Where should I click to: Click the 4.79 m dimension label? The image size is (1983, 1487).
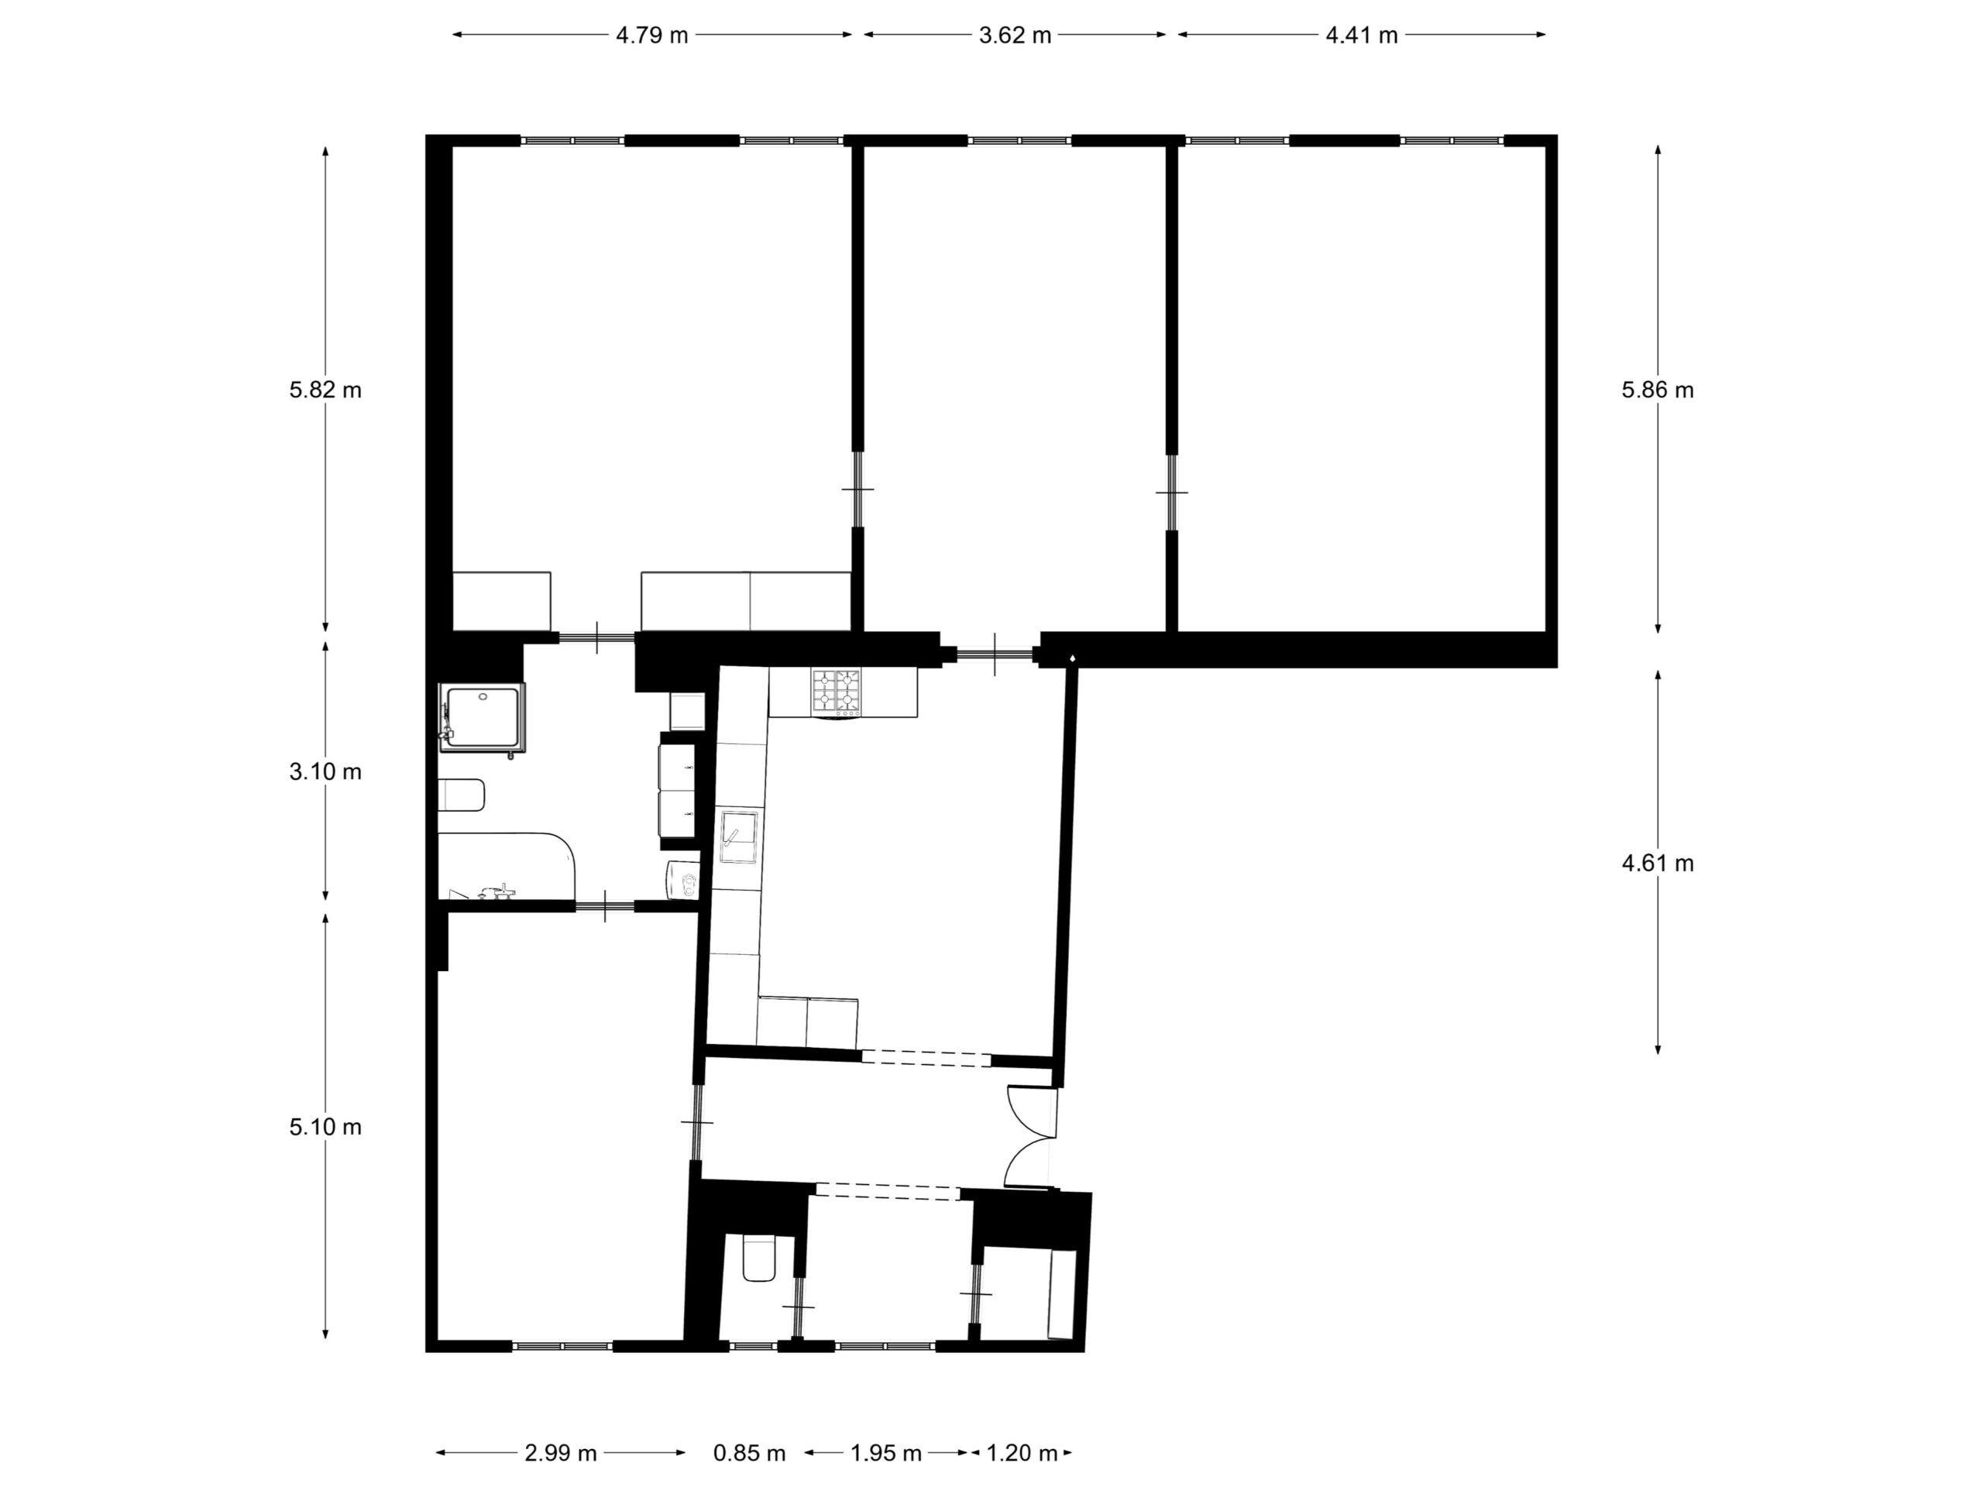click(x=651, y=35)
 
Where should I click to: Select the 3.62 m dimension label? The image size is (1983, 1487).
click(x=1015, y=35)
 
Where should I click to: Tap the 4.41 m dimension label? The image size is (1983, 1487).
click(x=1362, y=35)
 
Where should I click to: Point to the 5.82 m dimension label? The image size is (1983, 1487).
click(x=325, y=390)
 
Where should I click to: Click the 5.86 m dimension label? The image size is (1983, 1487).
click(x=1658, y=390)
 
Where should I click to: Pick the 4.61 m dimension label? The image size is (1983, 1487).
click(x=1658, y=864)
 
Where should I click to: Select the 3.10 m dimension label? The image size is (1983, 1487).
click(x=325, y=771)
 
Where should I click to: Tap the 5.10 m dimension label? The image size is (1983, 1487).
click(x=325, y=1127)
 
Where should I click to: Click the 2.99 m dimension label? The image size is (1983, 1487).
click(x=560, y=1453)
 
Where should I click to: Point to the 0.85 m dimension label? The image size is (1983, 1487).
click(x=750, y=1453)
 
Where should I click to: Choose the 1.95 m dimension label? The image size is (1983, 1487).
click(x=885, y=1453)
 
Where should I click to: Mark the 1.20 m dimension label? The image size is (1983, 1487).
click(x=1022, y=1453)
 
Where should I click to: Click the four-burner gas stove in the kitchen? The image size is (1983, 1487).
click(x=837, y=692)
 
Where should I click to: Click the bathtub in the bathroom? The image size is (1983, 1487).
click(x=507, y=866)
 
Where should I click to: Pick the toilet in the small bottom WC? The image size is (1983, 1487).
click(x=759, y=1258)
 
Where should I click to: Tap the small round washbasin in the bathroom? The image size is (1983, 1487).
click(x=684, y=880)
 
